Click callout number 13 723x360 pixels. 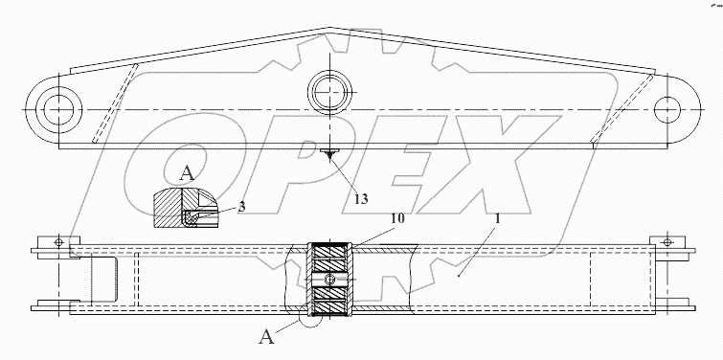point(362,198)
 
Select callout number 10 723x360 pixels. point(398,218)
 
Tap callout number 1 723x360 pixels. point(497,219)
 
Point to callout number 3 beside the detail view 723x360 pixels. point(241,207)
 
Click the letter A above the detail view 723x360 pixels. point(187,174)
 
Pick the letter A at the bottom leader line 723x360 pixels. point(266,338)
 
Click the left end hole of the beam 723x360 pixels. point(57,110)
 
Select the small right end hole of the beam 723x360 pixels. point(667,110)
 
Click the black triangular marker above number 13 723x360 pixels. point(329,155)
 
